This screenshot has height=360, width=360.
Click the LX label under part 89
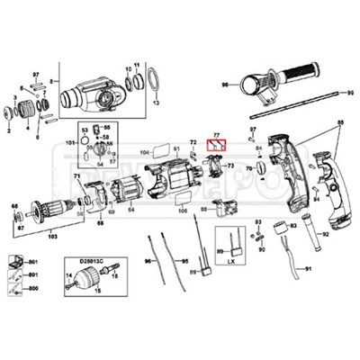(x=231, y=262)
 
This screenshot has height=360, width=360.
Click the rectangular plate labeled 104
(x=160, y=154)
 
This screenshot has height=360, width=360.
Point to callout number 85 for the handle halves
(x=340, y=121)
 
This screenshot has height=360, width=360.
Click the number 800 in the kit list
(x=33, y=287)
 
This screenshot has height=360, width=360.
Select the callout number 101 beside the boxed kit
(x=71, y=142)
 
